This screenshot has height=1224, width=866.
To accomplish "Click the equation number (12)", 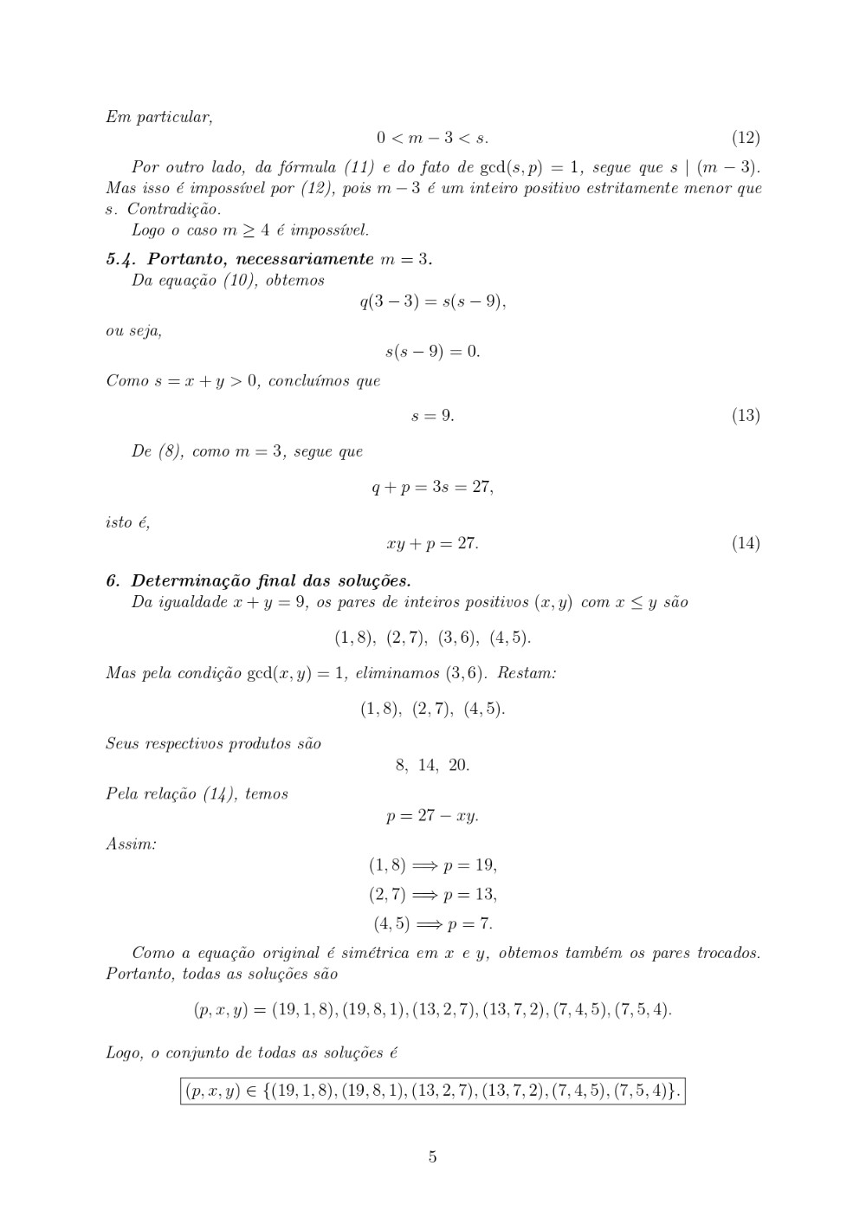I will pos(746,138).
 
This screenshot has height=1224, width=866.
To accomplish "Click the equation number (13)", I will pos(746,416).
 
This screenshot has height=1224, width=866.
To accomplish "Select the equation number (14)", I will pos(746,544).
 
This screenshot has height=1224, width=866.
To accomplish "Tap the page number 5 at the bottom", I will pos(432,1157).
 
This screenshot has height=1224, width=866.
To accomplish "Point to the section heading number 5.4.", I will pos(122,259).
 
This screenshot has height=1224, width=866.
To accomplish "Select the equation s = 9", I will pos(432,416).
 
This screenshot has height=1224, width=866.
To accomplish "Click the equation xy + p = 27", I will pos(432,544).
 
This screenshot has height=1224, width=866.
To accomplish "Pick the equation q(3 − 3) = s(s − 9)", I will pos(432,302).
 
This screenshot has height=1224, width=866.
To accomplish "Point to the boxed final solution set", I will pos(432,1091).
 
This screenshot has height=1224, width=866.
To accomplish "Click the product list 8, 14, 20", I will pos(432,765).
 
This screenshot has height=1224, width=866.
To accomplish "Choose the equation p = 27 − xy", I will pos(432,816).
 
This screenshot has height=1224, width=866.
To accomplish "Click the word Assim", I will pos(130,843).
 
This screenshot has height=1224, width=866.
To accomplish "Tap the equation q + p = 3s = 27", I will pos(432,487).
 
